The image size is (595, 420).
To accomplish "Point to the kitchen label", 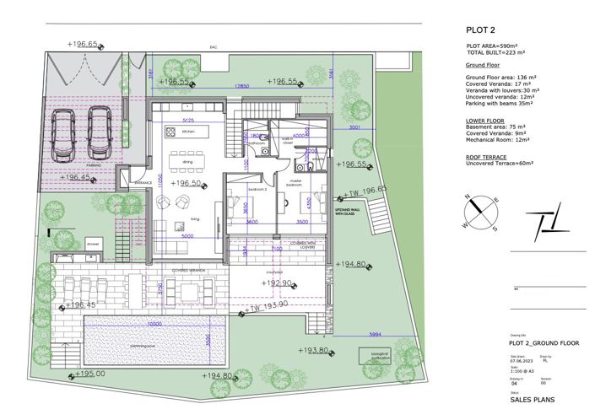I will (188, 132).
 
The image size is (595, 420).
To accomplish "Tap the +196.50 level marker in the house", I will (187, 183).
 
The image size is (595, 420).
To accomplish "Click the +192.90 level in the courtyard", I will (276, 283).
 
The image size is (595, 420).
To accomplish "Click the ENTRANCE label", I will (143, 182).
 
